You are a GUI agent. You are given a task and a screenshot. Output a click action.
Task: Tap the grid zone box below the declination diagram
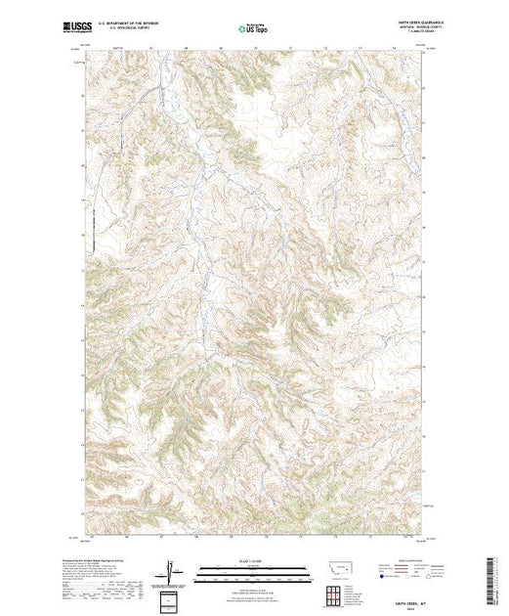(x=171, y=598)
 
